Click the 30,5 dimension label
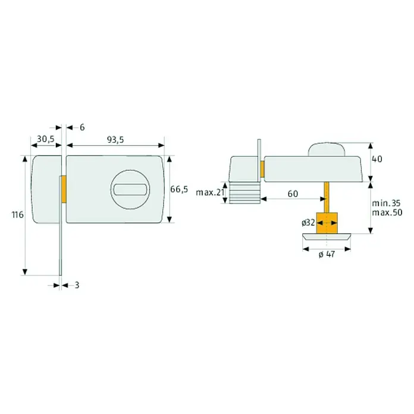coord(45,139)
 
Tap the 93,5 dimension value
coord(115,139)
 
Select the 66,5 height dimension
coord(179,189)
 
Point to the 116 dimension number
coord(18,215)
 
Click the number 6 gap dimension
coord(82,127)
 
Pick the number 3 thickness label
coord(77,285)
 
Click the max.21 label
coord(210,193)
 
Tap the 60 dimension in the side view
coord(293,194)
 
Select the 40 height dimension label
coord(377,159)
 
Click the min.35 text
coord(386,203)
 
